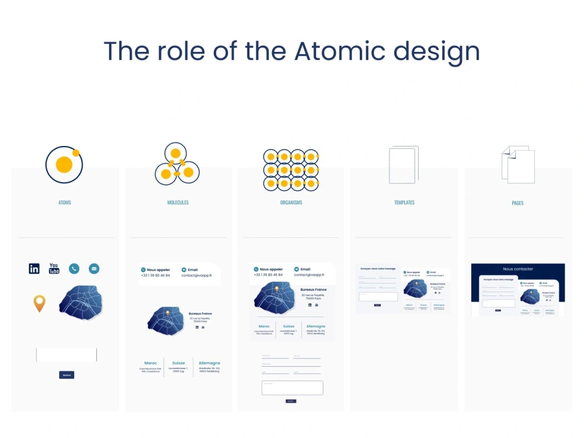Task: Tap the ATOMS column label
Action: coord(65,203)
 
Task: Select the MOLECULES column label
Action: coord(178,203)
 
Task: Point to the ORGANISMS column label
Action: coord(291,203)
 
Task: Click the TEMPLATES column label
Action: coord(404,203)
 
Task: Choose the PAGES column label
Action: coord(517,203)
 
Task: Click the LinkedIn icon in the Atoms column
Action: coord(34,269)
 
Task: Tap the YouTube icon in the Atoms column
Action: coord(54,269)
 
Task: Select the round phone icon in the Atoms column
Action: coord(74,269)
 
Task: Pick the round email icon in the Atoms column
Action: coord(94,269)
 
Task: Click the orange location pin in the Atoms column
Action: coord(39,303)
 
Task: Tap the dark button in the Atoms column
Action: coord(67,375)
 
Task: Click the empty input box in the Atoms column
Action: coord(67,354)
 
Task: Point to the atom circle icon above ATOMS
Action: coord(64,165)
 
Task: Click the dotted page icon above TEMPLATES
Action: coord(404,165)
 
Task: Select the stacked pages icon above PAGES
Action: coord(518,165)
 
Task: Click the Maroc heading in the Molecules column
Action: coord(150,363)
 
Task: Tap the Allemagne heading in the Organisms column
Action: coord(315,326)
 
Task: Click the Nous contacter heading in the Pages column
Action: coord(518,269)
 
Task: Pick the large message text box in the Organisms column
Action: coord(292,388)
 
